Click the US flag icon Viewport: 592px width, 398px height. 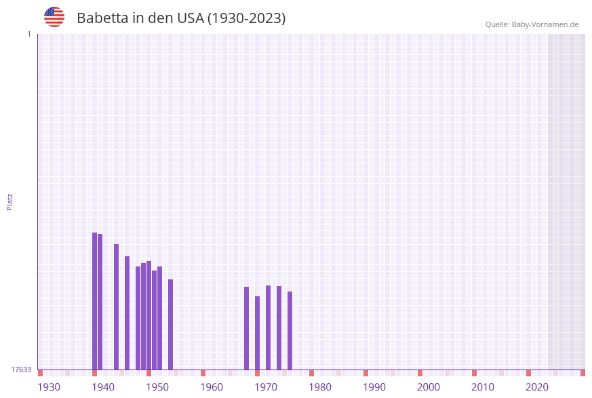[54, 17]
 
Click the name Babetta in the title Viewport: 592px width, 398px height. [102, 18]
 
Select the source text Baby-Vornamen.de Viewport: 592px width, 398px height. [545, 24]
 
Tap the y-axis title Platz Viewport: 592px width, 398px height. [10, 201]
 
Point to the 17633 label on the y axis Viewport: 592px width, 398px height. [21, 370]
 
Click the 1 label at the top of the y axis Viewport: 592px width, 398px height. [28, 34]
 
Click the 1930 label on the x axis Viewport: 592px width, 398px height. [49, 387]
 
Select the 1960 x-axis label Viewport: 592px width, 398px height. [212, 387]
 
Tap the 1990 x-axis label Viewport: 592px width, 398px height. [374, 387]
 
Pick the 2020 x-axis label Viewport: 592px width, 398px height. [537, 387]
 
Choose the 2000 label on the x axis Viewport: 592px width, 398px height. [429, 387]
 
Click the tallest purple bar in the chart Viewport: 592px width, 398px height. [94, 301]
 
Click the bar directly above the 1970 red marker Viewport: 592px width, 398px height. [257, 332]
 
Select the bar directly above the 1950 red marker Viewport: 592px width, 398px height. [149, 315]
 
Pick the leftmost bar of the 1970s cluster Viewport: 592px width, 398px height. [246, 328]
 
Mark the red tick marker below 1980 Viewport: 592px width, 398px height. [311, 373]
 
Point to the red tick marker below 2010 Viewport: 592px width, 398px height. [474, 373]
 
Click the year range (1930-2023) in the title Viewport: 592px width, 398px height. [246, 18]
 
